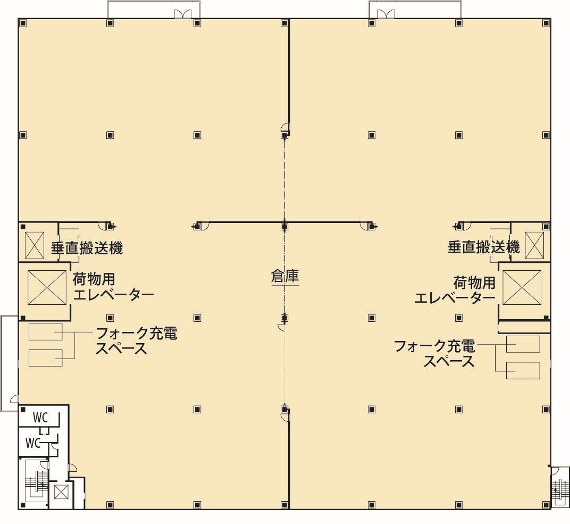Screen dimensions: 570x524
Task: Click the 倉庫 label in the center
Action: tap(284, 277)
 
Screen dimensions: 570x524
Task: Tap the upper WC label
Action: tap(40, 417)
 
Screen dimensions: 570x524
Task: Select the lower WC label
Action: tap(33, 443)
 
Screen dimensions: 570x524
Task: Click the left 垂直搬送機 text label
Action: tap(87, 248)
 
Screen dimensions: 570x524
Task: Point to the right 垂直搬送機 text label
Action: tap(483, 247)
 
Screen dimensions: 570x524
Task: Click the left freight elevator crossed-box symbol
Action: tap(47, 287)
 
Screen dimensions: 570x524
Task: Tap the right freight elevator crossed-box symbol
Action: tap(522, 287)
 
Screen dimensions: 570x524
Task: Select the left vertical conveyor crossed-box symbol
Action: tap(35, 245)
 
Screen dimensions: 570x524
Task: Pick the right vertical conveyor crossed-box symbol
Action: tap(534, 245)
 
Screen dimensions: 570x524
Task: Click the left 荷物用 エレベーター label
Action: tap(113, 287)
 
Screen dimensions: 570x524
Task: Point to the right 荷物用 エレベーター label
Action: tap(455, 290)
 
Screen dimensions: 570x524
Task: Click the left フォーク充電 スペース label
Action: tap(136, 340)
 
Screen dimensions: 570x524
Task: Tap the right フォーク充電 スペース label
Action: tap(434, 353)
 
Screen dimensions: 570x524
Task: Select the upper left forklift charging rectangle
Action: tap(45, 331)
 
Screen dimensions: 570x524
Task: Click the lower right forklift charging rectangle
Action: tap(523, 371)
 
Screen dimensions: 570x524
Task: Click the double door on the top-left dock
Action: tap(182, 14)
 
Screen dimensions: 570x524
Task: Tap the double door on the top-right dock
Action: tap(386, 14)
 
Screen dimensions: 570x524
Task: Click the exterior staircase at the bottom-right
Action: tap(560, 487)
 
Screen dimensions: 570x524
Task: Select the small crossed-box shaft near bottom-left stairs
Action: tap(61, 493)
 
